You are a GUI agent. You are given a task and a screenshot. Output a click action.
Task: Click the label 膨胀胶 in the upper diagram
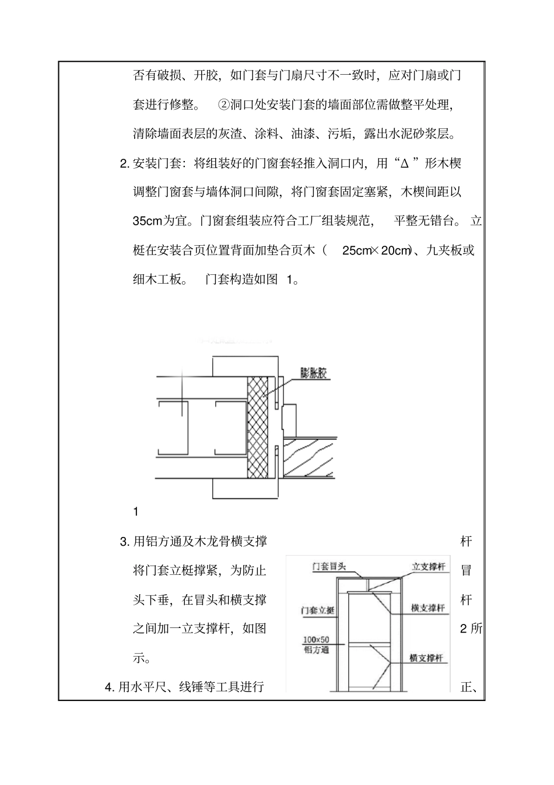tap(315, 373)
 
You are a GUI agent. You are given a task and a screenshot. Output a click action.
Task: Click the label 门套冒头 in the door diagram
tap(329, 566)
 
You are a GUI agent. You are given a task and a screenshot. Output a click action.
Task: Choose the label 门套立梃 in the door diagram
tap(318, 610)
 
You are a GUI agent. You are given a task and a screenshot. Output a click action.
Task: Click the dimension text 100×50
tap(316, 640)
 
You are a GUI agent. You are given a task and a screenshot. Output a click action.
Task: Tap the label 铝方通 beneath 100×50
tap(317, 650)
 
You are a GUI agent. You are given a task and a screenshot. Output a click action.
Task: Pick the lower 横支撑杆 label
tap(426, 658)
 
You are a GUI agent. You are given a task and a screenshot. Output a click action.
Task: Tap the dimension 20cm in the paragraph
tap(396, 250)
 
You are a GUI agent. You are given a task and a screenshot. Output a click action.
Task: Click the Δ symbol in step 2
tap(404, 163)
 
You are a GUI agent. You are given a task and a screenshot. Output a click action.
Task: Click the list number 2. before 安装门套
tap(124, 163)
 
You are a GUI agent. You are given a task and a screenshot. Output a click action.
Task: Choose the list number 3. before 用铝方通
tap(124, 542)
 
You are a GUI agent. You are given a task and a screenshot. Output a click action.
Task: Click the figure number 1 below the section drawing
tap(136, 512)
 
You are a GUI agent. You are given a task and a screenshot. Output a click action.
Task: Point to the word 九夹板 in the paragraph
tap(444, 250)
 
